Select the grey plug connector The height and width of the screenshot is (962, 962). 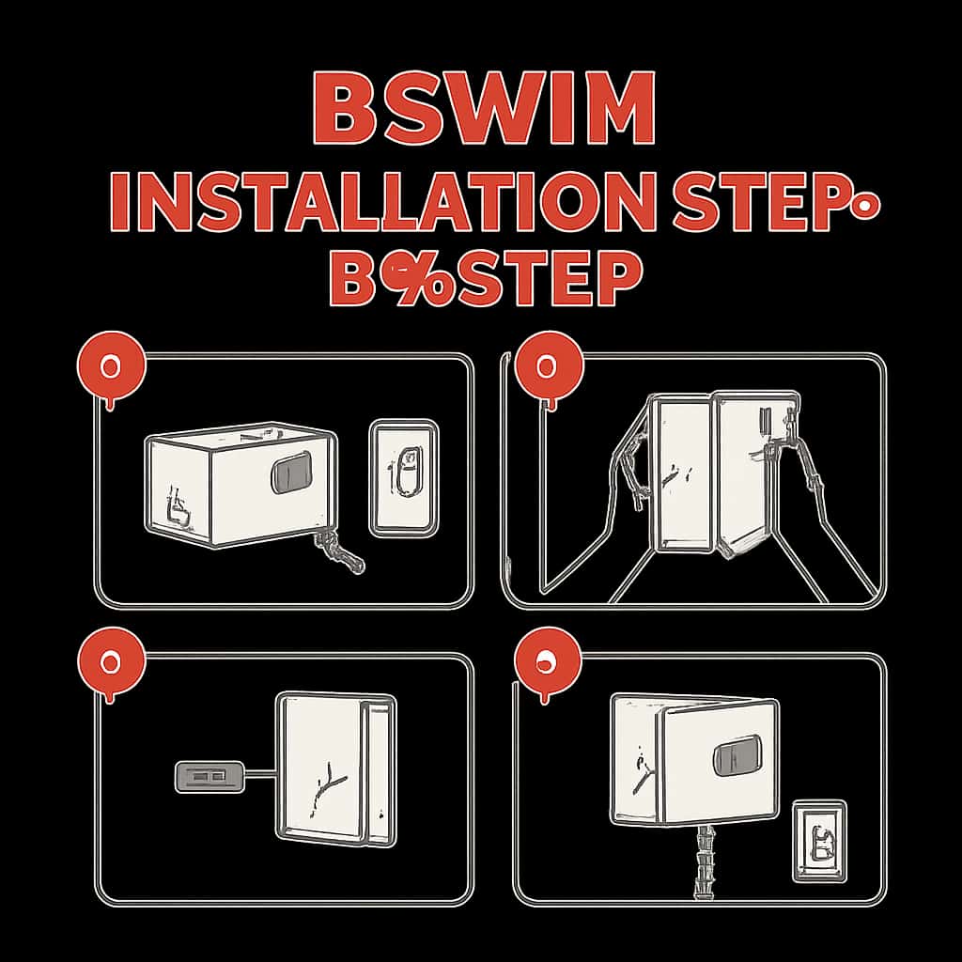tap(209, 777)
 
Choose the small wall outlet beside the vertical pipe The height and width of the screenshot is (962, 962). tap(819, 841)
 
